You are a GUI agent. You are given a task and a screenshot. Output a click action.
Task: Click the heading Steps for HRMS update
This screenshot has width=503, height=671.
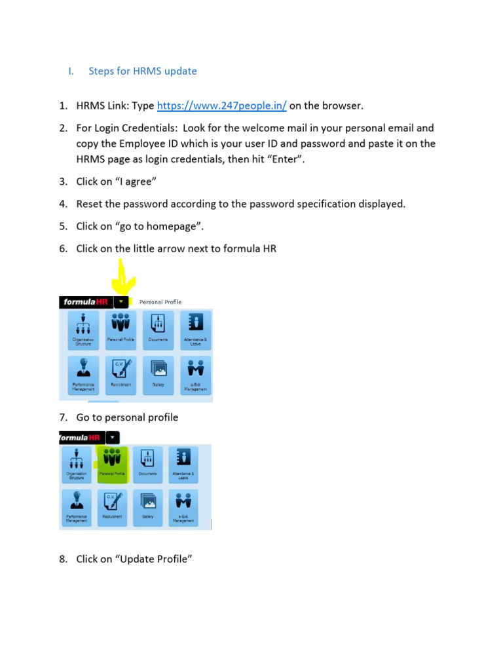[143, 71]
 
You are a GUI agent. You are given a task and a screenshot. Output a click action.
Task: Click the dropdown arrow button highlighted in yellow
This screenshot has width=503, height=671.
[122, 302]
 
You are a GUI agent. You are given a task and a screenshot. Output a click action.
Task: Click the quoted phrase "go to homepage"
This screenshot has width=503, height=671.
[160, 226]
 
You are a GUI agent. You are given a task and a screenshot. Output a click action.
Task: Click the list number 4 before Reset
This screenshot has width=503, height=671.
[63, 204]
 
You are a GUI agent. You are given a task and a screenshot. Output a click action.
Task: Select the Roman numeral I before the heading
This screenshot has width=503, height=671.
[70, 71]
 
